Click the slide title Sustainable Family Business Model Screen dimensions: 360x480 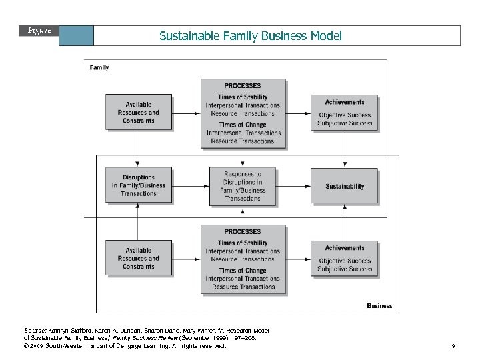point(250,36)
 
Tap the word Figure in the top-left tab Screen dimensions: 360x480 point(40,31)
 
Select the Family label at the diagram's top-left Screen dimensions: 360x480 point(99,67)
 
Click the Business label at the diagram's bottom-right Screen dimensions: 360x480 point(379,306)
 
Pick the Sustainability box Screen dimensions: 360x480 point(345,187)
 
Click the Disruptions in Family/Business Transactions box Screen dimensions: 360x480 point(139,186)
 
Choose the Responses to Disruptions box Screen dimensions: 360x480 point(243,186)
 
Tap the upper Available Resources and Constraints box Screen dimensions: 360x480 point(139,113)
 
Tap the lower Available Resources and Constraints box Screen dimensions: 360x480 point(139,259)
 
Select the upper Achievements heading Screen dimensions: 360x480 point(345,103)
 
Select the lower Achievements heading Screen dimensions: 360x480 point(345,248)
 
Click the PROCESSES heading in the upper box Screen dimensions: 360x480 point(243,86)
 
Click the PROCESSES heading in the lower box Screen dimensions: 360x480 point(243,232)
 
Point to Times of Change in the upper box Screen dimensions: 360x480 point(243,125)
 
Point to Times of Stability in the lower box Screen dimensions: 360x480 point(243,243)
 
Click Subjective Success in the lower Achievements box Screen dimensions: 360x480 point(345,269)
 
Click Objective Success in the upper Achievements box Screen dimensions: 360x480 point(345,115)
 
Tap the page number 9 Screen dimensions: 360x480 point(453,347)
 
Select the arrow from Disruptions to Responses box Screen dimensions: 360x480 point(191,186)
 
